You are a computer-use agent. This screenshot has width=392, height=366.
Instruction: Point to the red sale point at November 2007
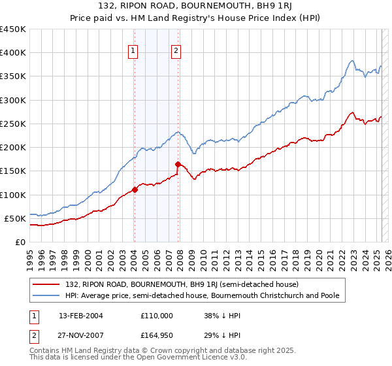click(178, 164)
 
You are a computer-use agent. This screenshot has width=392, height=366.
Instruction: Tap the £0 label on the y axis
click(20, 242)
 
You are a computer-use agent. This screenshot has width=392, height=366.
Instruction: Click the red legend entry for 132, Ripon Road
click(182, 284)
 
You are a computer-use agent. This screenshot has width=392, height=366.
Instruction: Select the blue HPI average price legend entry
click(202, 295)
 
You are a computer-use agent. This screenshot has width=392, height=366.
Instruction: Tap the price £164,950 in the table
click(157, 335)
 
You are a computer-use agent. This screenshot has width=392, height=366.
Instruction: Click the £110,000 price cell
click(157, 315)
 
